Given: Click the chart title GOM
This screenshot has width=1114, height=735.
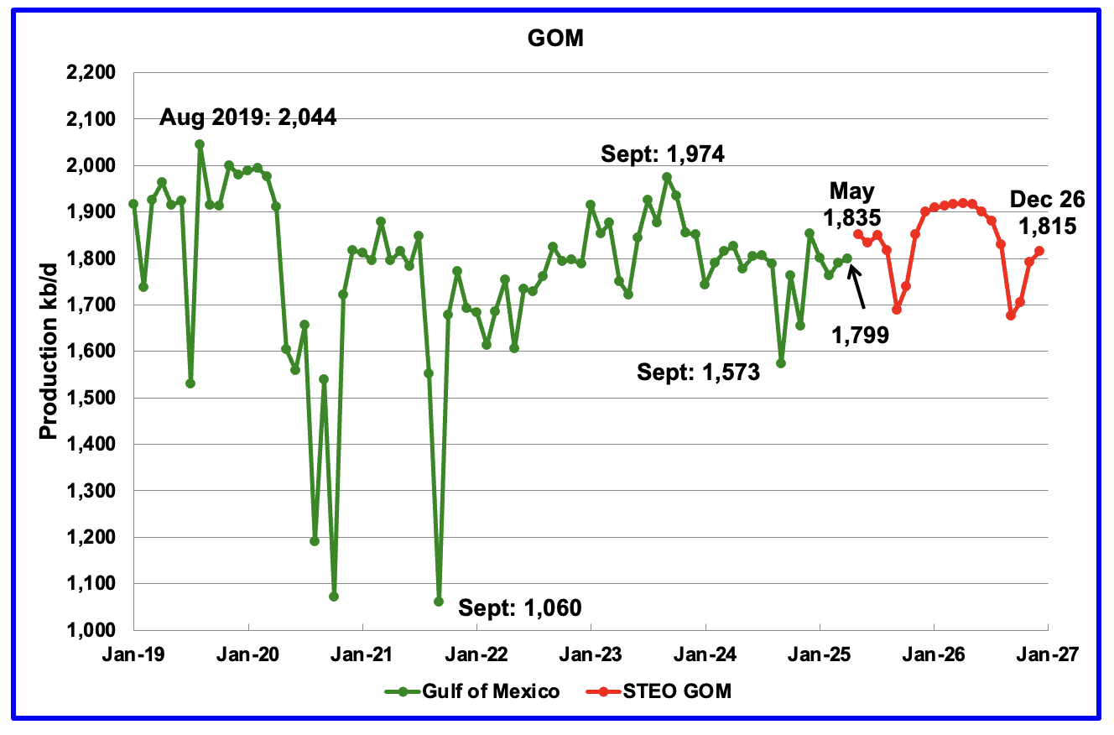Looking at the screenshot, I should (556, 39).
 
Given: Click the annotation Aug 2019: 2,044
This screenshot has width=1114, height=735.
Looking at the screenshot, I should (248, 117).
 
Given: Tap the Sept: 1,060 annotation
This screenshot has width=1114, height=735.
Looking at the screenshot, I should (519, 607).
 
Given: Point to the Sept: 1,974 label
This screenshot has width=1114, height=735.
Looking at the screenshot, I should (663, 154).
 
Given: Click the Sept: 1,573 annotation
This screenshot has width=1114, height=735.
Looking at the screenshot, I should (699, 372).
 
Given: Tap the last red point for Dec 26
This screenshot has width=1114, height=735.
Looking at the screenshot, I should (1039, 251).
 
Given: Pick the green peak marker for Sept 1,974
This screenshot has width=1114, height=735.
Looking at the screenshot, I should (667, 177).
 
